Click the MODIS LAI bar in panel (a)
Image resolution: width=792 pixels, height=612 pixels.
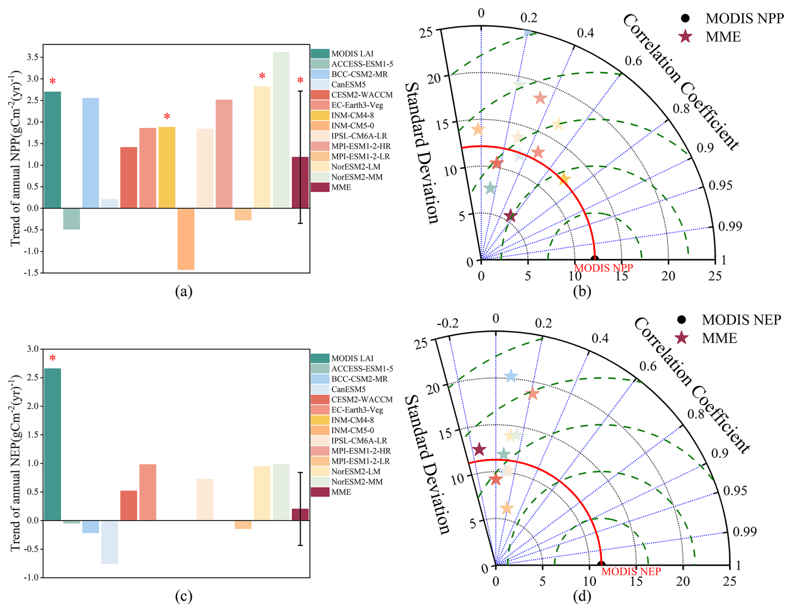click(52, 150)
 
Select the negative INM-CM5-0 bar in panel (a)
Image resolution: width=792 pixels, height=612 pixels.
click(185, 239)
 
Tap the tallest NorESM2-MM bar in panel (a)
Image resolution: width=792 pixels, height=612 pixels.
click(281, 130)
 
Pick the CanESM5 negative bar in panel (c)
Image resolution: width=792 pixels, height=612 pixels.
click(109, 542)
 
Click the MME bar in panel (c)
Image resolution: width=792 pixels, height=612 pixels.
click(300, 514)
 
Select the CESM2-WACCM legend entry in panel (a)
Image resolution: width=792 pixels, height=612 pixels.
click(362, 95)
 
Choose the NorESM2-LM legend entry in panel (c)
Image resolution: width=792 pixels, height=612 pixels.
click(356, 471)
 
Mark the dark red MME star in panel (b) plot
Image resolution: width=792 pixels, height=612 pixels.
click(510, 216)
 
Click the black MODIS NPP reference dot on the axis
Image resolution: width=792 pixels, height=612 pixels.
click(594, 259)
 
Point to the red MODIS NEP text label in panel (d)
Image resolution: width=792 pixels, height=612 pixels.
click(631, 571)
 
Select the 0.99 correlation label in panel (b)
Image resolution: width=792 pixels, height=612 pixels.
click(730, 226)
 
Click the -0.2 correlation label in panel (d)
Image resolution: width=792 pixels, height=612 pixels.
click(447, 323)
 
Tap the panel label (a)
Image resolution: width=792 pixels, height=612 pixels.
click(184, 291)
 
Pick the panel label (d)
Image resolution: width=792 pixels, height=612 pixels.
click(582, 596)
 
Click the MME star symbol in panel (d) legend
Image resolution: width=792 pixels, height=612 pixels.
click(682, 338)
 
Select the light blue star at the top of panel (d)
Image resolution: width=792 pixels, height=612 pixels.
click(511, 376)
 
